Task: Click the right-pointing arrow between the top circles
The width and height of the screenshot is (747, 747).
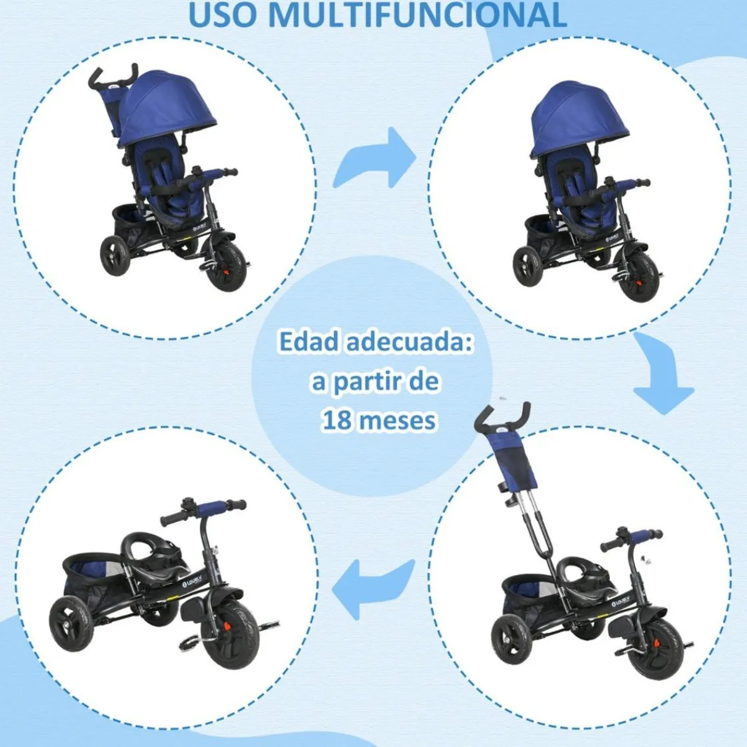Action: (375, 158)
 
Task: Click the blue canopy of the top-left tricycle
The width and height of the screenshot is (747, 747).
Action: (167, 108)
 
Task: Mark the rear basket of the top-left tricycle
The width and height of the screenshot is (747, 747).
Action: (132, 225)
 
